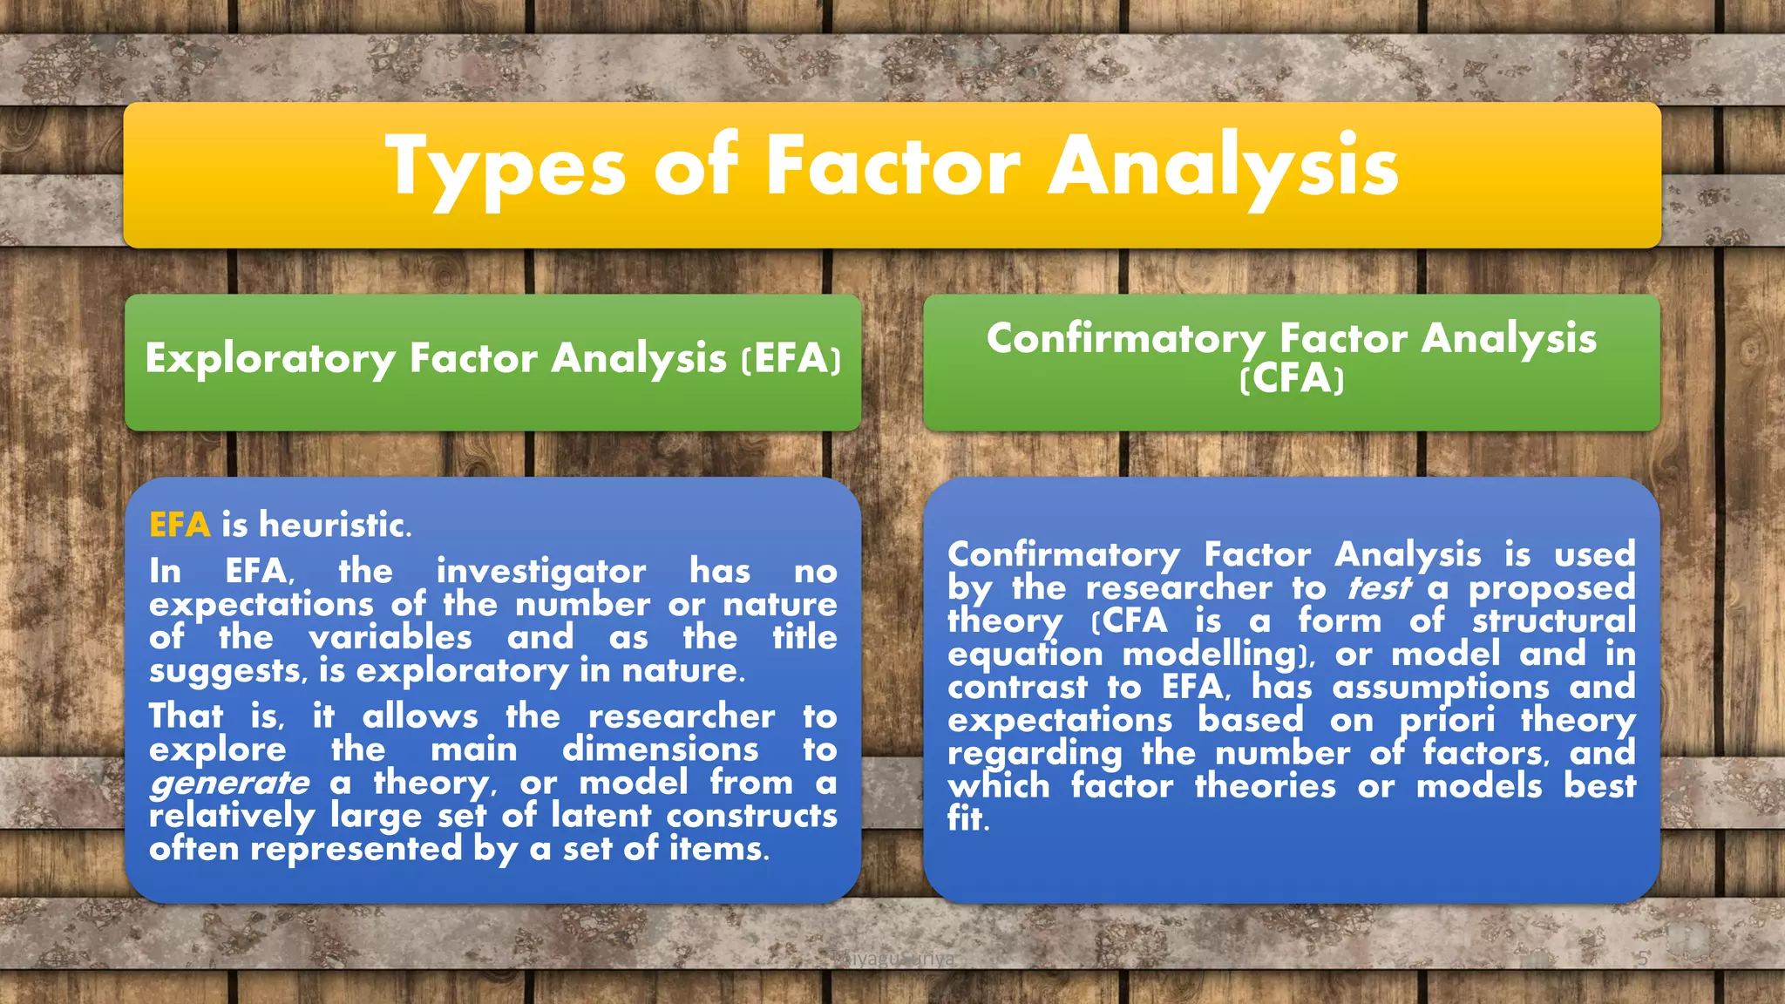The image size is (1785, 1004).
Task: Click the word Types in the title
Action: click(x=506, y=167)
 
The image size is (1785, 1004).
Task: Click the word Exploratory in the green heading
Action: click(x=270, y=359)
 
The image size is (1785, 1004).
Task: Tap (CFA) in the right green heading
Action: click(x=1292, y=379)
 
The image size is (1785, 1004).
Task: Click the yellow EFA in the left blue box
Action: click(x=180, y=525)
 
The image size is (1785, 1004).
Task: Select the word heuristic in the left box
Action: click(x=334, y=525)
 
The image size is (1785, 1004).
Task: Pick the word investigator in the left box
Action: click(x=541, y=572)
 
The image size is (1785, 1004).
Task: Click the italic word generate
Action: click(x=229, y=784)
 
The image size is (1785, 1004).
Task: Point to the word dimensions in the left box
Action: click(x=660, y=750)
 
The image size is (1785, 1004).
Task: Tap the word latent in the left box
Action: click(x=601, y=816)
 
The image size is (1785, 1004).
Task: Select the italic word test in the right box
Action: click(x=1377, y=588)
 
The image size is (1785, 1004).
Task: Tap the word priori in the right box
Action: click(x=1447, y=721)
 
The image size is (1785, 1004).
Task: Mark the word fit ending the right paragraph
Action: click(x=967, y=819)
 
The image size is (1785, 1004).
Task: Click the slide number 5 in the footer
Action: click(x=1642, y=959)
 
